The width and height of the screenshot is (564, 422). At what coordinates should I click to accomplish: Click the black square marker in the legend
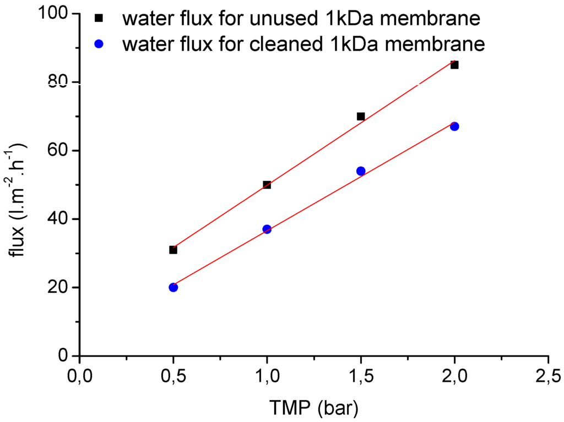click(x=99, y=19)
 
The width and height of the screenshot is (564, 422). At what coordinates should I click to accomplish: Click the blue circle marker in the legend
click(x=99, y=43)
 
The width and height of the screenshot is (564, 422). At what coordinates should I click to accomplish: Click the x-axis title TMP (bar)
click(x=315, y=408)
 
